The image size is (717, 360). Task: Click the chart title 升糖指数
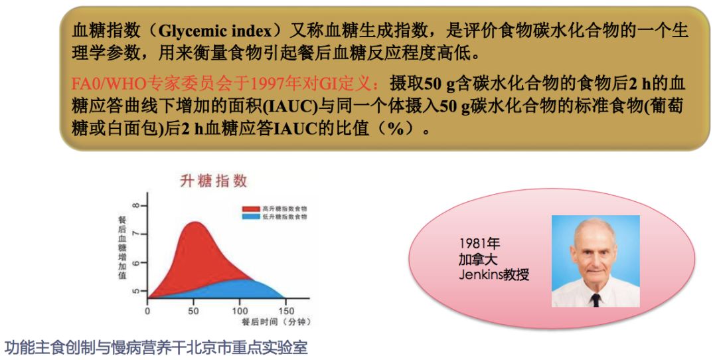click(214, 181)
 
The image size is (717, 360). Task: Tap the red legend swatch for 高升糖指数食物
click(251, 209)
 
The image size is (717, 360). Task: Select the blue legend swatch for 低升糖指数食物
click(251, 217)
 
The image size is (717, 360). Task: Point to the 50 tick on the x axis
click(193, 311)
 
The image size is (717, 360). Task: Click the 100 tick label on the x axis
click(240, 311)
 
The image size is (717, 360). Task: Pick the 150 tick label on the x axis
click(286, 311)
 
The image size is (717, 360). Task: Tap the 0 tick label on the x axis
click(147, 311)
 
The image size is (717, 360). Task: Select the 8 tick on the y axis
click(136, 205)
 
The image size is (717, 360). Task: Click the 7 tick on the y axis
click(136, 234)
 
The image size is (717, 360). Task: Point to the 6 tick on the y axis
click(136, 262)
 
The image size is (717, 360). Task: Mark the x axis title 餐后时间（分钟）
click(277, 322)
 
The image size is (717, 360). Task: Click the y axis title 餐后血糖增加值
click(122, 247)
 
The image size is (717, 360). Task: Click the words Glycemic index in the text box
click(215, 31)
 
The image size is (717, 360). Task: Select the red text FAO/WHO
click(108, 84)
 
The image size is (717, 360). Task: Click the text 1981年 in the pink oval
click(480, 243)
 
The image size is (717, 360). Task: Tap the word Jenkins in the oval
click(480, 274)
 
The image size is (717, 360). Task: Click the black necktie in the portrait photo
click(595, 300)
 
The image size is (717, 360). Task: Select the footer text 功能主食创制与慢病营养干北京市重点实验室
click(156, 347)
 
